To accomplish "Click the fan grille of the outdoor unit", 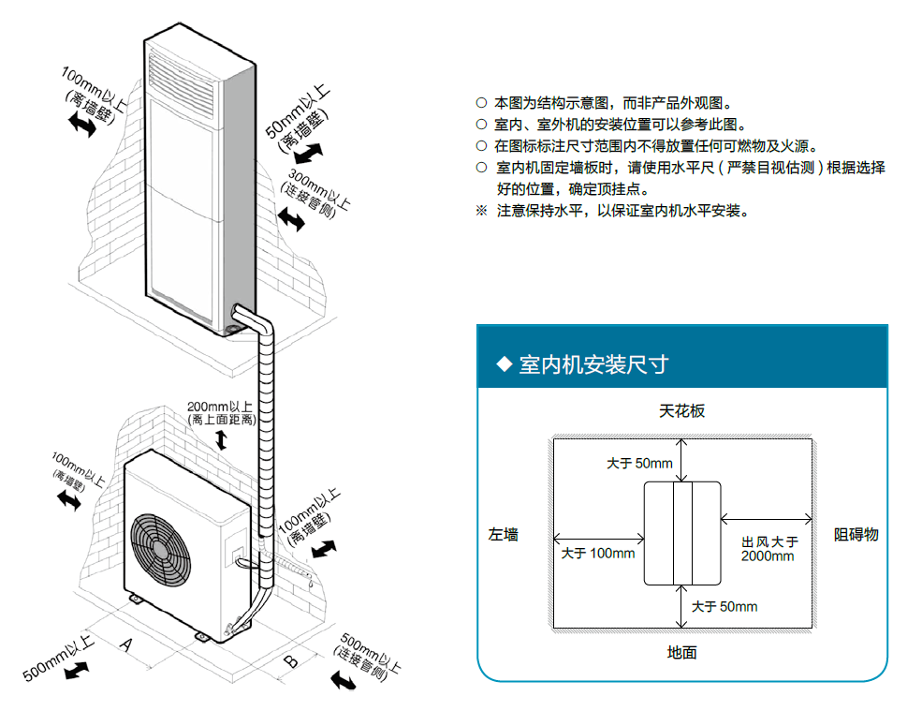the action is coord(160,551).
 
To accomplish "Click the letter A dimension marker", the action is coord(125,644).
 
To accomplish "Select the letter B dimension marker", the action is coord(291,660).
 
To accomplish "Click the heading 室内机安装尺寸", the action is coord(593,364).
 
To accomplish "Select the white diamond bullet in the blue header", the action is coord(504,363).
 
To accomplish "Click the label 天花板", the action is coord(681,411).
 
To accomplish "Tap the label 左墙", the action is coord(504,535).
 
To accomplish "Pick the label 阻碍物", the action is coord(856,535).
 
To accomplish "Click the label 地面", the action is coord(681,652).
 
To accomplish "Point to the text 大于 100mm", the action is coord(597,554).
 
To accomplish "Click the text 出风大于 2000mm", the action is coord(769,549).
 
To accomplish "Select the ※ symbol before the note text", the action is coord(481,210).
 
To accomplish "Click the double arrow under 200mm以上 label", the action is coord(221,439).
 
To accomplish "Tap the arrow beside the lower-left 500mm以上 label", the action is coord(76,670).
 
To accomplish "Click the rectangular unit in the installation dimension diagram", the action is coord(682,533).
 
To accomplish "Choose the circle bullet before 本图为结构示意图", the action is coord(481,103).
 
